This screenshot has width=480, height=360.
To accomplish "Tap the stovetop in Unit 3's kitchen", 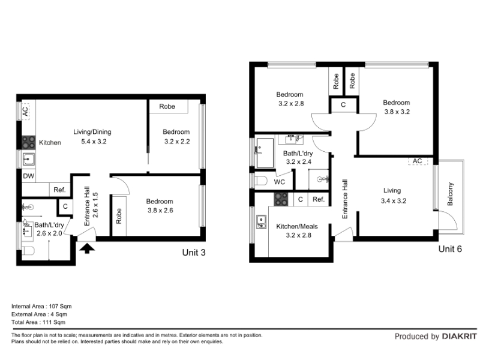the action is click(28, 143).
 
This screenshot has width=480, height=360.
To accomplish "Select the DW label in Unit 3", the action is click(28, 176).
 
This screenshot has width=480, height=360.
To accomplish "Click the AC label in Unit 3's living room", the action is click(25, 111).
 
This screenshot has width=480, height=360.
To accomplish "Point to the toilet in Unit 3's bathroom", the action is click(28, 251).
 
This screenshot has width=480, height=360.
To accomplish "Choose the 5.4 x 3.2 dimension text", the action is click(94, 142).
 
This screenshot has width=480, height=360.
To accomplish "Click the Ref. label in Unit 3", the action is click(59, 190).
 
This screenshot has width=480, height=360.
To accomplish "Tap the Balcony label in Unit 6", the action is click(450, 194).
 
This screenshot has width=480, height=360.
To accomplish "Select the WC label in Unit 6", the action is click(279, 182).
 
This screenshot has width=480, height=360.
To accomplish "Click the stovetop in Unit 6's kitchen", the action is click(281, 199).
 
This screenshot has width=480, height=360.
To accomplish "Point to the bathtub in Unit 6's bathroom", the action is click(265, 153).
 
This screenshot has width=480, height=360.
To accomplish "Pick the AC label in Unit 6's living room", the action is click(417, 161).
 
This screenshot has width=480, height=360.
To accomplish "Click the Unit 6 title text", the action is click(450, 249).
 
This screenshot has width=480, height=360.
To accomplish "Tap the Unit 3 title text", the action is click(194, 253).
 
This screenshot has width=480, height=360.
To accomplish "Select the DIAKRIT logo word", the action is click(460, 337).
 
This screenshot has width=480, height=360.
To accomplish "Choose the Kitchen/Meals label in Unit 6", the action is click(297, 227).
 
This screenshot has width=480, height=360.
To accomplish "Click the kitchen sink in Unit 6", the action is click(261, 222).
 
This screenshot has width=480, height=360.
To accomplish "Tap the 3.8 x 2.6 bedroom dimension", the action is click(160, 211).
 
